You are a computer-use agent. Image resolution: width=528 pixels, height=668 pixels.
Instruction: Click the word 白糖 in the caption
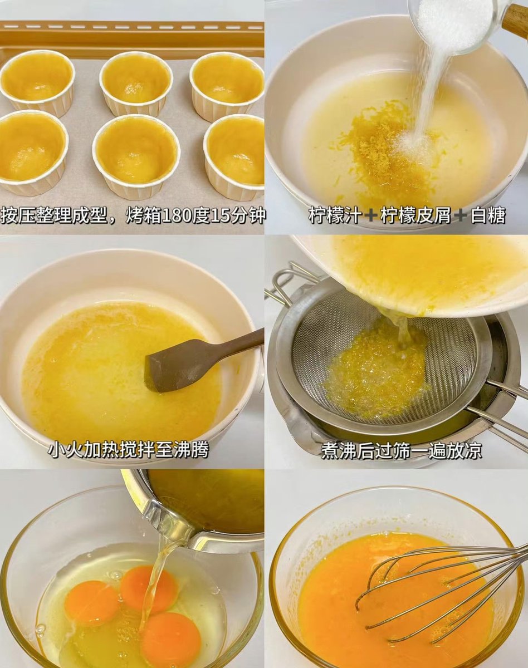point(488,215)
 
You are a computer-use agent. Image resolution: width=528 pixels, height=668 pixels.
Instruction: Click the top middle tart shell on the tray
point(136,82)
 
